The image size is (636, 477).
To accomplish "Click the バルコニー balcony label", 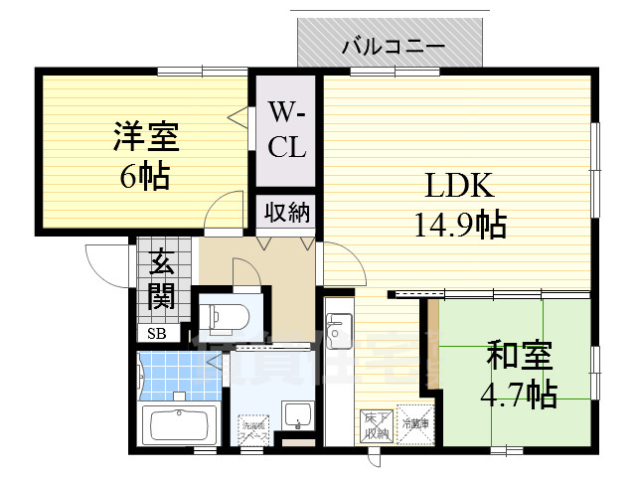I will click(393, 46).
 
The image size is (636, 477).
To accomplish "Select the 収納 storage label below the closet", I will click(287, 212).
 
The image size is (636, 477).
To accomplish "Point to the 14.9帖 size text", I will click(460, 226).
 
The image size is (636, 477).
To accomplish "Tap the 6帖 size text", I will click(145, 176).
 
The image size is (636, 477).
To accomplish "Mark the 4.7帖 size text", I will click(520, 395).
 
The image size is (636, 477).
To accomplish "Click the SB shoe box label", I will click(158, 334).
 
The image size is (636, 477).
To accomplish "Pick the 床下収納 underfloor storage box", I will click(375, 424).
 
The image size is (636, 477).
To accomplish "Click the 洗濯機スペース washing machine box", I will click(250, 430).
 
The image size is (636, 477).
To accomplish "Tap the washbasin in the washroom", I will click(296, 414).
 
